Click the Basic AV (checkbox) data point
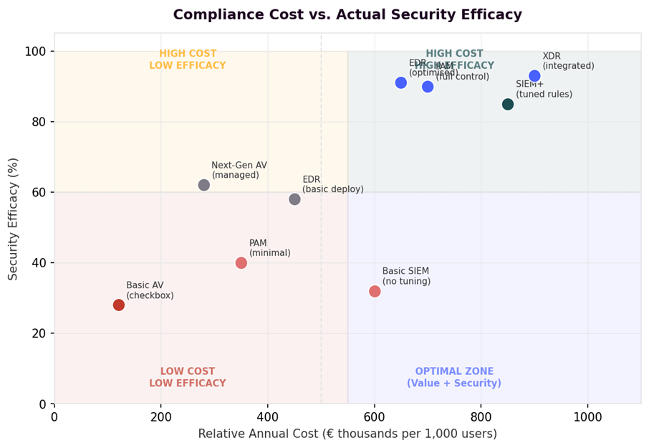click(x=119, y=305)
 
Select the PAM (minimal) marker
click(x=241, y=263)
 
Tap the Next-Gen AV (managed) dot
click(x=204, y=185)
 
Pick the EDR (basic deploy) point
click(x=294, y=199)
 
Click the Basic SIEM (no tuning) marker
click(x=375, y=291)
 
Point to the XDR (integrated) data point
click(x=534, y=76)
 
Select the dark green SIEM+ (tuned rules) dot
click(x=508, y=104)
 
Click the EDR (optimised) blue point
click(x=401, y=83)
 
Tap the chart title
click(x=347, y=15)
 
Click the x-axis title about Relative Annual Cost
click(x=347, y=434)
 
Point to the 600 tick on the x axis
click(x=375, y=416)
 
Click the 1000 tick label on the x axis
click(x=587, y=416)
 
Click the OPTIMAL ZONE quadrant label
click(x=454, y=377)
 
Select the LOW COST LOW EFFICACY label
click(x=188, y=377)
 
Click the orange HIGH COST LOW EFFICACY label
click(x=188, y=59)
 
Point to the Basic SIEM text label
click(x=406, y=276)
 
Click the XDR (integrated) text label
click(x=568, y=61)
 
